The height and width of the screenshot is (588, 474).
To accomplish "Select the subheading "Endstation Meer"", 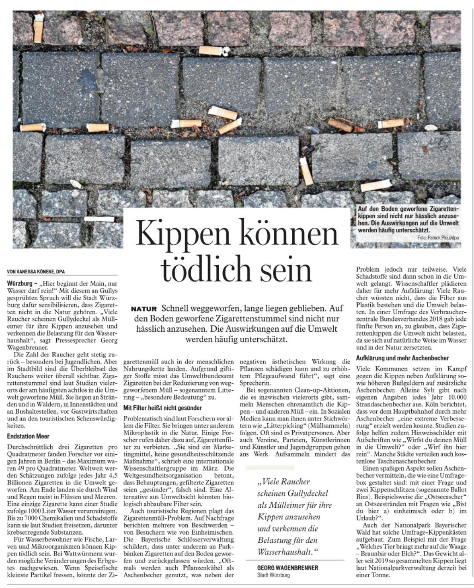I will click(x=28, y=436).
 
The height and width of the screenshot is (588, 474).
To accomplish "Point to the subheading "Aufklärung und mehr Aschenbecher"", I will click(x=402, y=358).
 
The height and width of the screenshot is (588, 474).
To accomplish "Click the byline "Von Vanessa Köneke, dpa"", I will click(x=36, y=272).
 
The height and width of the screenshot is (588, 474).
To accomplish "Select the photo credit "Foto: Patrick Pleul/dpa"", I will click(x=439, y=237).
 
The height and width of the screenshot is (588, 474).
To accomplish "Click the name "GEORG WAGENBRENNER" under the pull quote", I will click(x=288, y=568).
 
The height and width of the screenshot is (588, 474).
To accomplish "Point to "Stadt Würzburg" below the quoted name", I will click(x=273, y=575).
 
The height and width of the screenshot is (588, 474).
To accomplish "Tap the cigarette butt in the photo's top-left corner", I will click(x=38, y=28).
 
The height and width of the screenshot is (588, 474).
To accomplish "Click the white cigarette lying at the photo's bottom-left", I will click(x=99, y=219).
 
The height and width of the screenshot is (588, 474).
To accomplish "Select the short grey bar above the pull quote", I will click(x=270, y=468).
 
